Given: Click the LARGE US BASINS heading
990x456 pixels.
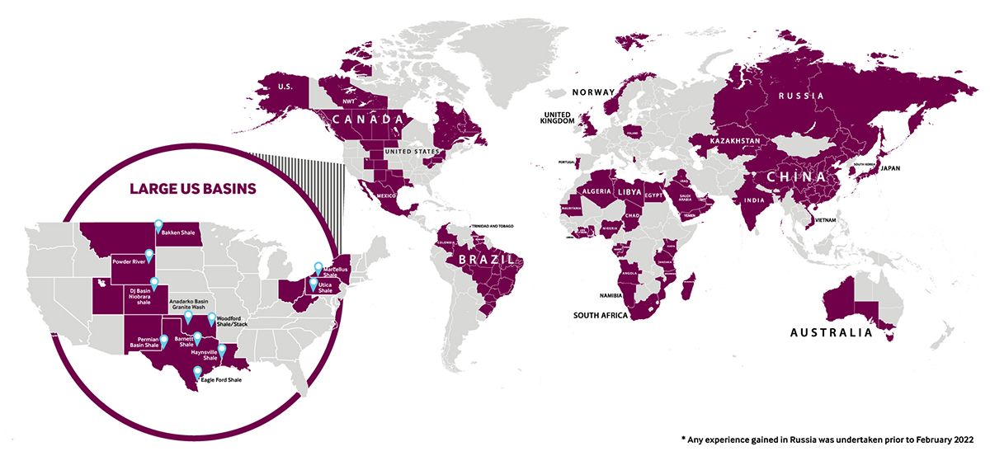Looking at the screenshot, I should pos(192,189).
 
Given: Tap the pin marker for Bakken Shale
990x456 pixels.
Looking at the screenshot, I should pos(158,225).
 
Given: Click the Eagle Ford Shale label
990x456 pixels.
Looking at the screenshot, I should pos(221,380).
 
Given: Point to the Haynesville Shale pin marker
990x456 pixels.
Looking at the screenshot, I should pos(221,350).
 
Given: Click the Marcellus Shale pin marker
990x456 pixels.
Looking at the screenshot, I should pos(318,267).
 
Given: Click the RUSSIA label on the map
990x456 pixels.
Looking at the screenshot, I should pos(801,96).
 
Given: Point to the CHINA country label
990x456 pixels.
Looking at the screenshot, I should pos(798,177).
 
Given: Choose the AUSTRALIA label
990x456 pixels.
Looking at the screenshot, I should pos(831,333).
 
